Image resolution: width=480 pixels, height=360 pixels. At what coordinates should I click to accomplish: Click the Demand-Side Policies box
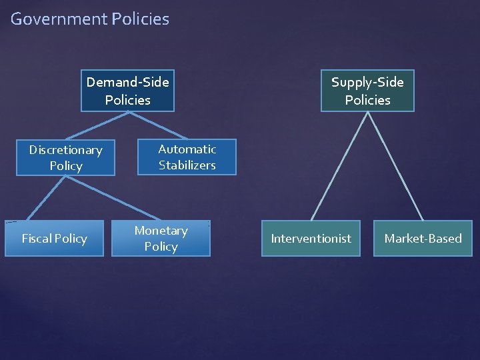click(127, 91)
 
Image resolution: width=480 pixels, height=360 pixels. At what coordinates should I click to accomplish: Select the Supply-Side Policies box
click(367, 91)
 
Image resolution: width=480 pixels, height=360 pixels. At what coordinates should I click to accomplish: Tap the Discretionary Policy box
click(65, 157)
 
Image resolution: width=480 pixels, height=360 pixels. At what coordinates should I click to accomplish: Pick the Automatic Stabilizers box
click(187, 157)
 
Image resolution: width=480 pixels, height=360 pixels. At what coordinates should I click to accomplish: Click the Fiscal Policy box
click(54, 239)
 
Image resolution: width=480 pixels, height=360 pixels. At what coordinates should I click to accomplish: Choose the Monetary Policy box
click(161, 239)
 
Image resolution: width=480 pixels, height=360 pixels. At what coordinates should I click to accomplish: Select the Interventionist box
click(311, 239)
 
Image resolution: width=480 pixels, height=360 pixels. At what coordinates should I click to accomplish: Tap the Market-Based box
click(423, 239)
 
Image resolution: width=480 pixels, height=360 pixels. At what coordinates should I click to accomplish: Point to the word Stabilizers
click(187, 165)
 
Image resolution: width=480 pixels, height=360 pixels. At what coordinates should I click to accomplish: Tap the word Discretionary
click(65, 150)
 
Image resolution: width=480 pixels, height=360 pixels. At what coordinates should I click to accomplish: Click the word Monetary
click(161, 231)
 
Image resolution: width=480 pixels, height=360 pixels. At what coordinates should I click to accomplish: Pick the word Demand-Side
click(127, 83)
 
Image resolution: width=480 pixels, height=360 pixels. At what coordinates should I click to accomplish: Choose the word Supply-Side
click(367, 83)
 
